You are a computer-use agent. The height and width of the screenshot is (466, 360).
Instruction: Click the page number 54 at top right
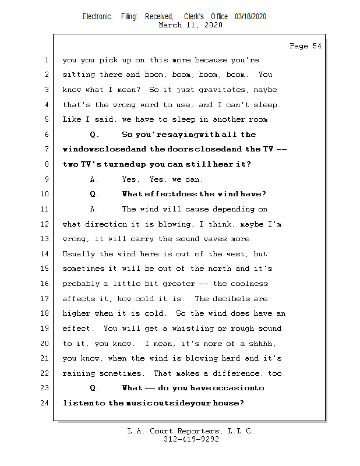coord(317,46)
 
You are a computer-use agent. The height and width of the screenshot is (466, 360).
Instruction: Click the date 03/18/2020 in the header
coord(250,17)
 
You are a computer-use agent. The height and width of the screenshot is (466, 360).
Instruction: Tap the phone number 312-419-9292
coord(191,439)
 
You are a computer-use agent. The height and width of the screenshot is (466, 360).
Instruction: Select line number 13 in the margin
coord(44,239)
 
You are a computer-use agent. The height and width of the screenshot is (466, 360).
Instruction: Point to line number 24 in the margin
coord(44,403)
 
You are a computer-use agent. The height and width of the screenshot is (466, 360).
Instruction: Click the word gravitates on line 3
coord(222,90)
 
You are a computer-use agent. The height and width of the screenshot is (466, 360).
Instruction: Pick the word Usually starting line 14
coord(79,254)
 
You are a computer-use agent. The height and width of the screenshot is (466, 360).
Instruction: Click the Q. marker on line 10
coord(94,194)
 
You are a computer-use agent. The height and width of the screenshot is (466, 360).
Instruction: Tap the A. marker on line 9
coord(94,179)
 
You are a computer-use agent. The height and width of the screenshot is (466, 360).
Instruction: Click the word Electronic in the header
coord(97,17)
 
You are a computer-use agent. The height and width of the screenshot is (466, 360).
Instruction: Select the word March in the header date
coord(170,24)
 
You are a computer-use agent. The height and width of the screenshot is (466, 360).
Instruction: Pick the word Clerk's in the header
coord(194,17)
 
